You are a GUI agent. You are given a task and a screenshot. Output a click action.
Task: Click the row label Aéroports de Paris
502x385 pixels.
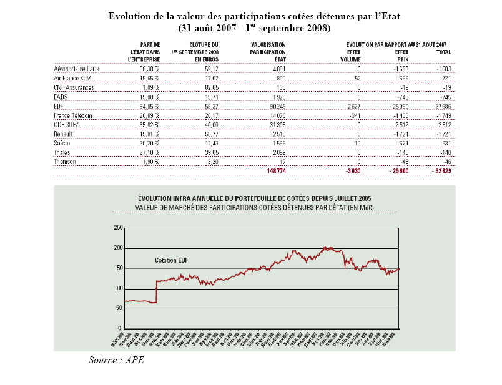pos(76,68)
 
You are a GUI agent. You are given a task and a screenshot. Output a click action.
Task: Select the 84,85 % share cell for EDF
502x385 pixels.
pos(149,108)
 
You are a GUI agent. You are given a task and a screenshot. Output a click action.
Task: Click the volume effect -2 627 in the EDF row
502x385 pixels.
pos(352,108)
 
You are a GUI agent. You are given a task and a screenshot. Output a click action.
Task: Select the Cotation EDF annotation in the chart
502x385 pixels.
pos(172,260)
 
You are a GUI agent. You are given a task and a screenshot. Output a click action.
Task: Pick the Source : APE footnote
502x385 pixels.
pos(116,360)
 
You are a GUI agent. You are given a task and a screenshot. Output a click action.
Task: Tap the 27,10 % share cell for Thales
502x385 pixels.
pos(149,151)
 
